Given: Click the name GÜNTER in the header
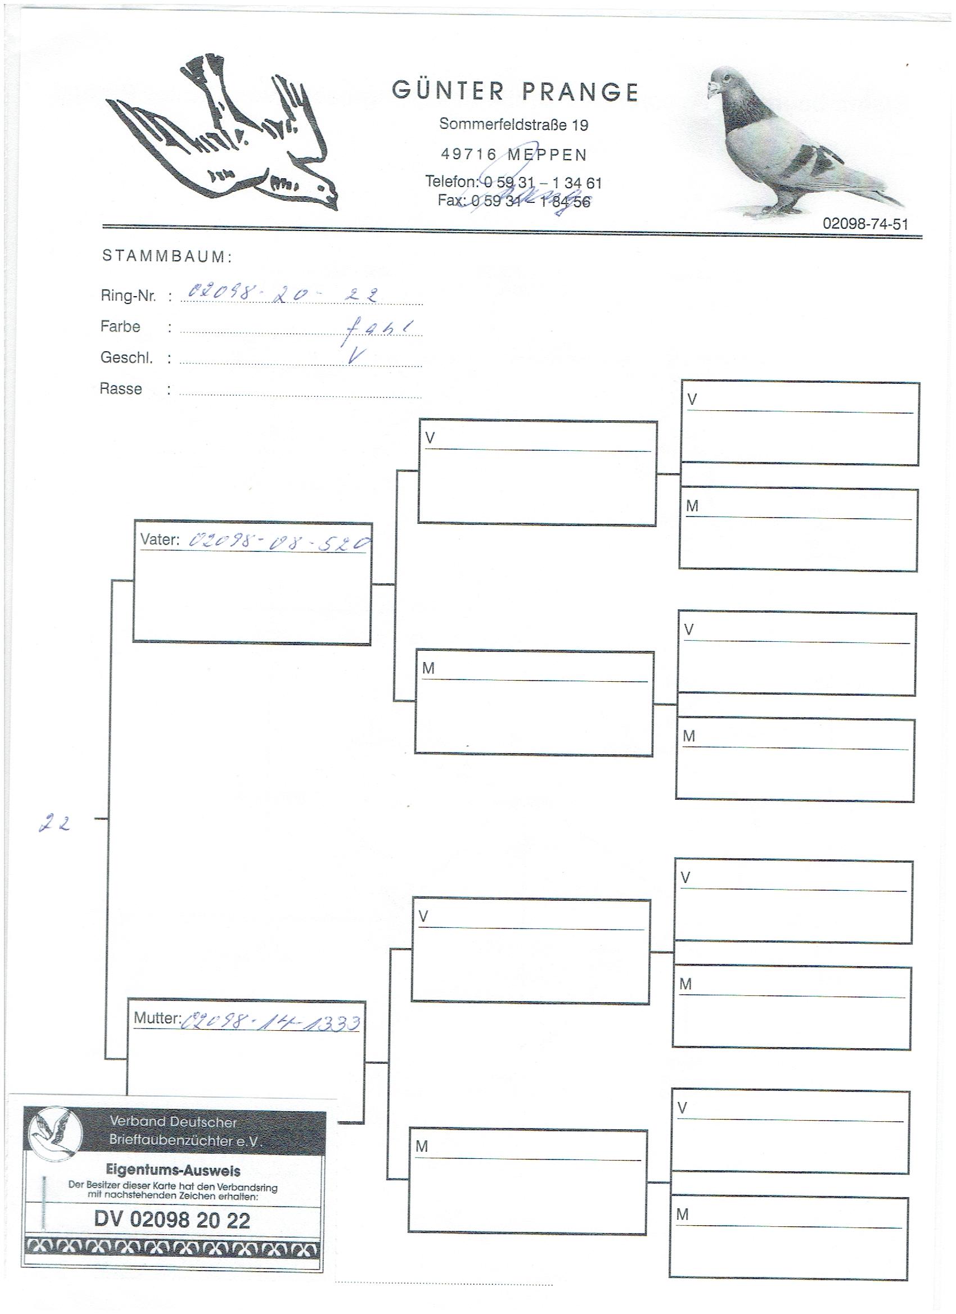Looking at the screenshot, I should [x=448, y=91].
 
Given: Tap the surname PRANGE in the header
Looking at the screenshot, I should [x=580, y=92].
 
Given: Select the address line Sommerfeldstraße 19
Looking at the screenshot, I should [x=513, y=124].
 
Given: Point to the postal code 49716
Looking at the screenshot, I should [x=468, y=155].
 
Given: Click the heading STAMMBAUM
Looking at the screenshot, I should [x=167, y=256].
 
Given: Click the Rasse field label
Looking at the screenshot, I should [x=120, y=389].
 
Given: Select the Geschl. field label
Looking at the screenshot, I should [x=127, y=357].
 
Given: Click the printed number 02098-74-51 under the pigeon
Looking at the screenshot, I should [x=865, y=224].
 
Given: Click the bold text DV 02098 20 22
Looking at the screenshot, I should [x=172, y=1221].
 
